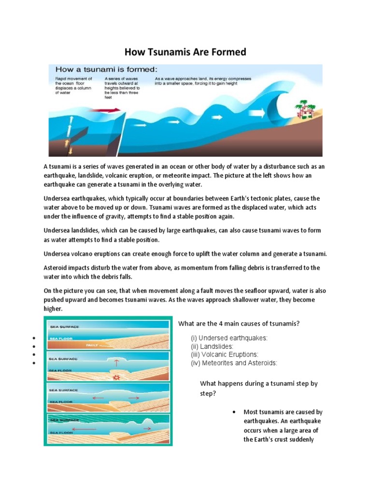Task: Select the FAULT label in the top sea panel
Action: coord(92,345)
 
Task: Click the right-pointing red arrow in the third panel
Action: coord(134,398)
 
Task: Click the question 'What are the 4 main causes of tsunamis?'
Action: coord(239,324)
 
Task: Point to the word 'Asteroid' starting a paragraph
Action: coord(57,268)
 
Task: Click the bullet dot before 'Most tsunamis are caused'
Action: coord(234,412)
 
